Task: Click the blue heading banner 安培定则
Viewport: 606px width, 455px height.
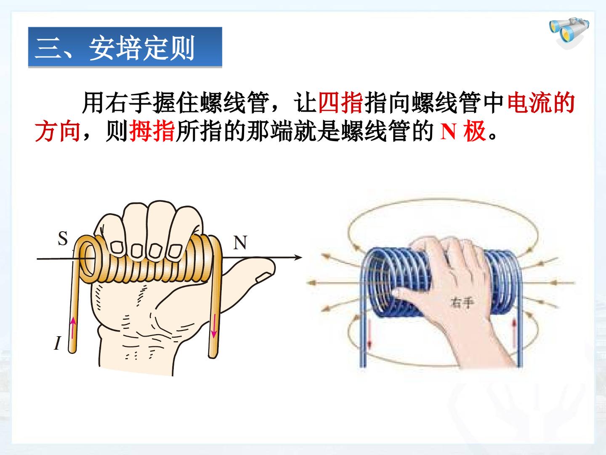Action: (x=125, y=47)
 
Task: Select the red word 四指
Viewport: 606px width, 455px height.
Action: (x=340, y=103)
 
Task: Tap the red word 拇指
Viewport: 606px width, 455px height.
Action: (x=152, y=131)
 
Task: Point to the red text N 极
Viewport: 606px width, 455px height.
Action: (x=463, y=131)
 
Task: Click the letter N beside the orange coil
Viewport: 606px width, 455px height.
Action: (x=240, y=243)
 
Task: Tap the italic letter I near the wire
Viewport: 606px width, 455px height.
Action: (x=57, y=343)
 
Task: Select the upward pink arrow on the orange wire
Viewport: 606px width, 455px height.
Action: (x=73, y=328)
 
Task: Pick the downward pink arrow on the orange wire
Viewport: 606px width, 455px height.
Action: (x=213, y=326)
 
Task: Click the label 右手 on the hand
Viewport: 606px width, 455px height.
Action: (x=462, y=302)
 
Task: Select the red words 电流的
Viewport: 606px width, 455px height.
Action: (x=541, y=103)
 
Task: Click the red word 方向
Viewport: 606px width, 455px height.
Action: (x=58, y=131)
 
